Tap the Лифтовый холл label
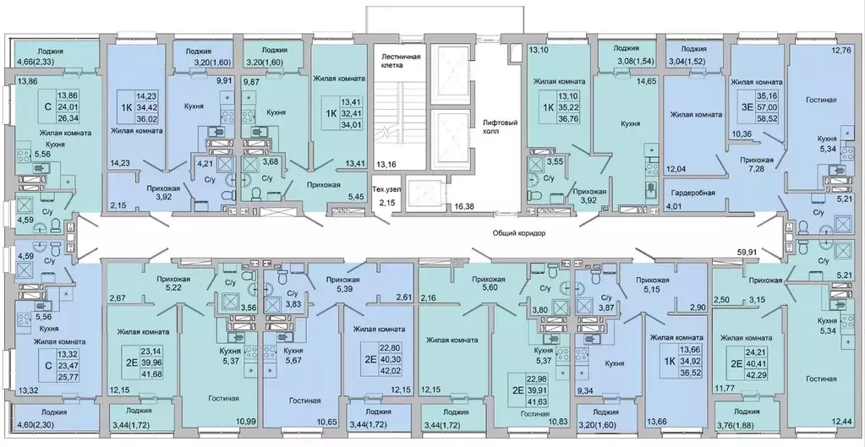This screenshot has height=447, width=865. click(x=499, y=127)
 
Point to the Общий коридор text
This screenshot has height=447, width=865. click(x=519, y=234)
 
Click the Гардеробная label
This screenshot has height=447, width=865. click(x=693, y=193)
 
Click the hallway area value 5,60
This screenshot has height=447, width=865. click(x=485, y=287)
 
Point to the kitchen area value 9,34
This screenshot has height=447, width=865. click(x=585, y=391)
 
